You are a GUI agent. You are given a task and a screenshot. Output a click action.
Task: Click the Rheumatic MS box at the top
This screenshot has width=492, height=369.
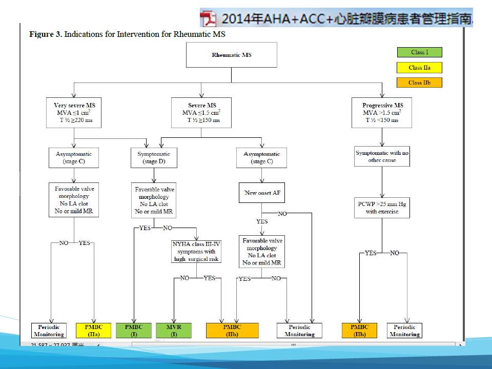point(231,55)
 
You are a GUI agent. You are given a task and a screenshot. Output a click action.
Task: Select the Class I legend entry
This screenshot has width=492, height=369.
point(419,52)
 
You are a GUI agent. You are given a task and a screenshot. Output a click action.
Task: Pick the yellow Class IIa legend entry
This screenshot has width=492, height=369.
point(419,68)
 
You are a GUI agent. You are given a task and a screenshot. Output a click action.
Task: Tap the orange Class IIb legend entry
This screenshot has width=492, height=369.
point(419,83)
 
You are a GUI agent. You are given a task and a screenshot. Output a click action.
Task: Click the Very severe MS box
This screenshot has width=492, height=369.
point(74,113)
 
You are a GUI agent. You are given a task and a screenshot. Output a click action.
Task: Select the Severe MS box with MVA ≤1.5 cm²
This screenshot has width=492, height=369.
point(202,113)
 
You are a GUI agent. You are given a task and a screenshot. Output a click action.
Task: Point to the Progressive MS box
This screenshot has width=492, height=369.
point(382,113)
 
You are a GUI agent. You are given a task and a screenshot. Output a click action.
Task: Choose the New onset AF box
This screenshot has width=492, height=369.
point(261,193)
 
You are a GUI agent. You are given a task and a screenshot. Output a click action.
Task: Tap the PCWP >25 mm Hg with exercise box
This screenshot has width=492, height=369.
point(382,208)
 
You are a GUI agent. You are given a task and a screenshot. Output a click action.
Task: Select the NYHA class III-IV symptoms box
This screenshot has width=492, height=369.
point(197,252)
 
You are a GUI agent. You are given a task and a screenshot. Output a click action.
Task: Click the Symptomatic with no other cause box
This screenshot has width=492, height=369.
point(382,156)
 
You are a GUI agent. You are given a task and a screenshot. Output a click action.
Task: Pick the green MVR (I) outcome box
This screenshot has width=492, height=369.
point(174,331)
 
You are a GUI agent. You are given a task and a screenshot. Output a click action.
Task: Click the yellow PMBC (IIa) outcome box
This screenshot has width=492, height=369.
point(93,331)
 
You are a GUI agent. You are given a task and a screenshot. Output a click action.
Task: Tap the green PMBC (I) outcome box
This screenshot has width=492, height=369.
point(133,331)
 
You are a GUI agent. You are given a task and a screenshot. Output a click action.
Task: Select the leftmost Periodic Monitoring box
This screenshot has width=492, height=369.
point(49,331)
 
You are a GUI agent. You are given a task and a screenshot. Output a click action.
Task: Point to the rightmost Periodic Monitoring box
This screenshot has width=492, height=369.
point(404,331)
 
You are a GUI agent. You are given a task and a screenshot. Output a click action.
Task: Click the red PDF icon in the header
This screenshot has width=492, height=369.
point(208,18)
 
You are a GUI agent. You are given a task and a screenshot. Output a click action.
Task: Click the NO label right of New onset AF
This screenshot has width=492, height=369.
point(282,214)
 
